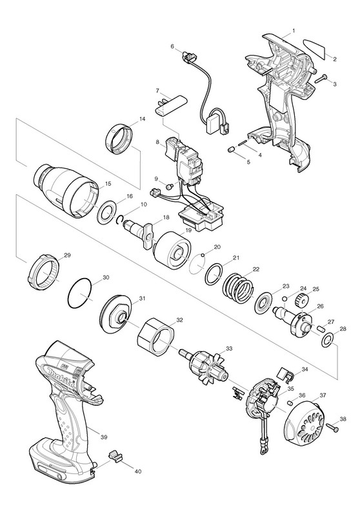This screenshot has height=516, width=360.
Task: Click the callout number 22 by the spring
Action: pyautogui.click(x=256, y=269)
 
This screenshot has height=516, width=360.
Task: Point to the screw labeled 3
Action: pyautogui.click(x=321, y=79)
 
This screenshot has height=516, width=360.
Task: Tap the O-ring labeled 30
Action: pyautogui.click(x=79, y=294)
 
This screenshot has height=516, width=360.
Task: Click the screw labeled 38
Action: pyautogui.click(x=333, y=428)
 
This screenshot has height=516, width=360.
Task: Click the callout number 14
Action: pyautogui.click(x=142, y=119)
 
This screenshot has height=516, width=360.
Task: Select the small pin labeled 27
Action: pyautogui.click(x=322, y=328)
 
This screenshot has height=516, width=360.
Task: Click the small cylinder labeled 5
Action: pyautogui.click(x=232, y=150)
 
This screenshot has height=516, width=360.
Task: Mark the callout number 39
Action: pyautogui.click(x=104, y=437)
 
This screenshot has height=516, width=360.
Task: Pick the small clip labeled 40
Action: pyautogui.click(x=114, y=457)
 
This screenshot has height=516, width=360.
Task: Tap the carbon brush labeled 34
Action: pyautogui.click(x=286, y=373)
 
